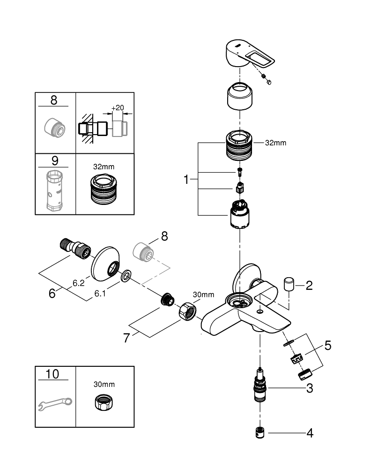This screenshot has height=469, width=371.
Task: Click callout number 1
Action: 186,179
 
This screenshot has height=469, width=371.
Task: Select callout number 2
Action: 309,285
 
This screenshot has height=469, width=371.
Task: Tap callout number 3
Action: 309,388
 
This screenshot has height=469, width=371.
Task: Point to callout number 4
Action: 309,432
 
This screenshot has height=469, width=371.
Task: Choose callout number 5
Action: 327,346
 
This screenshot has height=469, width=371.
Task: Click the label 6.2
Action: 78,283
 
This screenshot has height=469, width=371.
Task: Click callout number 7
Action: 126,338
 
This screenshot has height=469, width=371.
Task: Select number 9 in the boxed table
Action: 55,161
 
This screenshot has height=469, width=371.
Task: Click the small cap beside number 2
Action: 289,284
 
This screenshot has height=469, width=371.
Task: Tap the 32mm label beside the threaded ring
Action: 275,143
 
